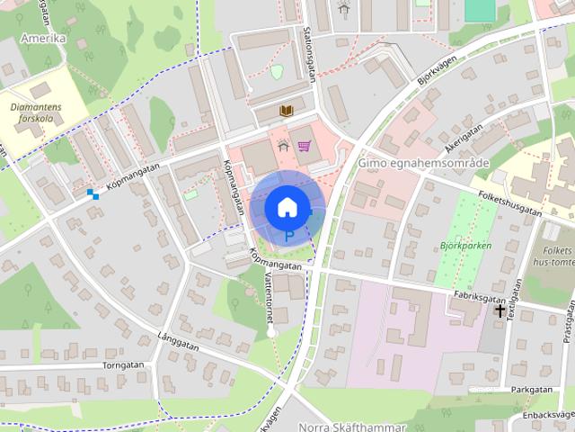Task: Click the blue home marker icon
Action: click(287, 207)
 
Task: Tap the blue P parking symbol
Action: click(288, 237)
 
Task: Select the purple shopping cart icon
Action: click(305, 146)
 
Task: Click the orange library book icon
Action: click(286, 111)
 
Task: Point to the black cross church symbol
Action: click(500, 310)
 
